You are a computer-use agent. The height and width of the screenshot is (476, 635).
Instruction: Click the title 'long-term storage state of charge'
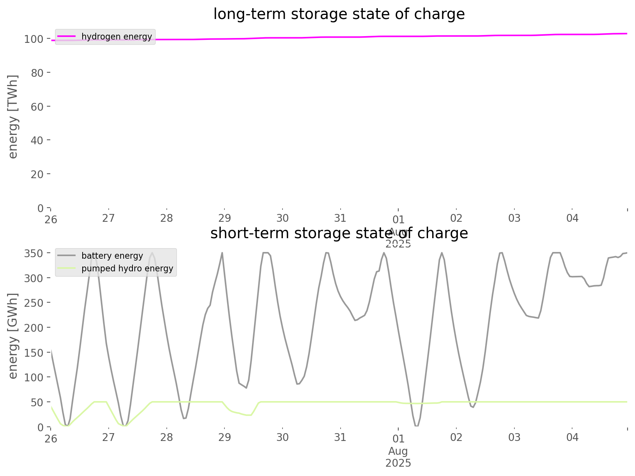point(339,14)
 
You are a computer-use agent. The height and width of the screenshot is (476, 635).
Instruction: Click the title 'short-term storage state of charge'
point(339,233)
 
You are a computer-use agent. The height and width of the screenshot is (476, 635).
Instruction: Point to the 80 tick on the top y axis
point(37,73)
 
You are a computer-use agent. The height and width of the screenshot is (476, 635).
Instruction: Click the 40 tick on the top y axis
point(37,140)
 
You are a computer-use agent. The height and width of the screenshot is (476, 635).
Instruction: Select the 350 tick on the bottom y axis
point(35,253)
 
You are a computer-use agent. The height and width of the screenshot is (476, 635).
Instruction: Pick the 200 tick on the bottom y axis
point(35,328)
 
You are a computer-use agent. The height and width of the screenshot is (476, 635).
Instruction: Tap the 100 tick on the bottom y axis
point(35,377)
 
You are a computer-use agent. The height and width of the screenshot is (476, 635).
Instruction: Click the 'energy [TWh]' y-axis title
point(13,117)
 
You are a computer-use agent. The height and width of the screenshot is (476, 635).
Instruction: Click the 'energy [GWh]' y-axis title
point(13,336)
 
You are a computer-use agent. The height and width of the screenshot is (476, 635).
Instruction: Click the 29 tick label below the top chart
point(224,218)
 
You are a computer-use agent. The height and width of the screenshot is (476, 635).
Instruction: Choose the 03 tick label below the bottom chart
point(514,437)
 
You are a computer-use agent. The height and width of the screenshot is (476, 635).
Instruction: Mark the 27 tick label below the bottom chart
point(109,437)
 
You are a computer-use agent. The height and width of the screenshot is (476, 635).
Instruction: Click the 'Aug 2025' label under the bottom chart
point(398,457)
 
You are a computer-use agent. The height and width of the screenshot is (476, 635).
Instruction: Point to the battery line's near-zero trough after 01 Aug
point(417,426)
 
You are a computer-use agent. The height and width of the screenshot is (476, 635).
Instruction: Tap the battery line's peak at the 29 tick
point(222,253)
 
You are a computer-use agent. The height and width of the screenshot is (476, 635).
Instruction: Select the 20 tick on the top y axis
point(37,174)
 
